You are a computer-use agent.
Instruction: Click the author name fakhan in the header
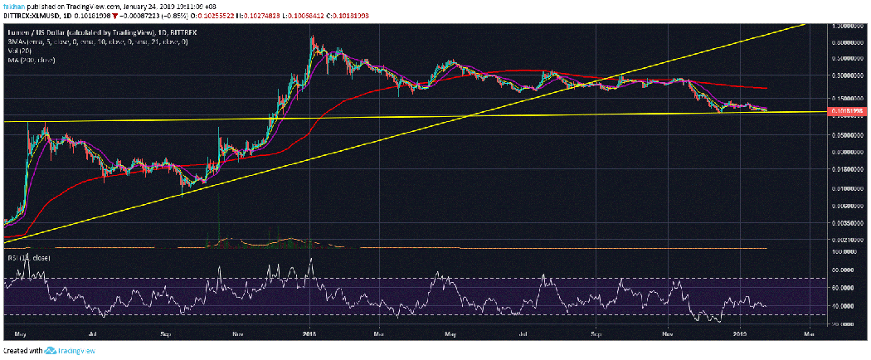click(12, 5)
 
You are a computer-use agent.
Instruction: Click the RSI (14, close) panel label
click(28, 257)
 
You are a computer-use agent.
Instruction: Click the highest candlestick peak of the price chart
click(311, 36)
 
